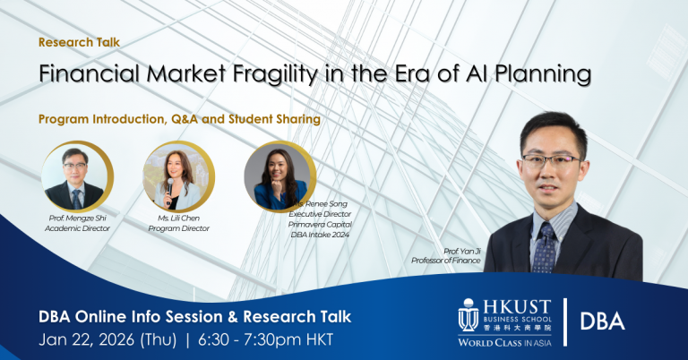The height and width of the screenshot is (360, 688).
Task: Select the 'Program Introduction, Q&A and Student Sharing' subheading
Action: tap(179, 118)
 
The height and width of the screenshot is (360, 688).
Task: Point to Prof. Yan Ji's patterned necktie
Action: tap(545, 247)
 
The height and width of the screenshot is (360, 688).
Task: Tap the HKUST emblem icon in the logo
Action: tap(468, 316)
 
